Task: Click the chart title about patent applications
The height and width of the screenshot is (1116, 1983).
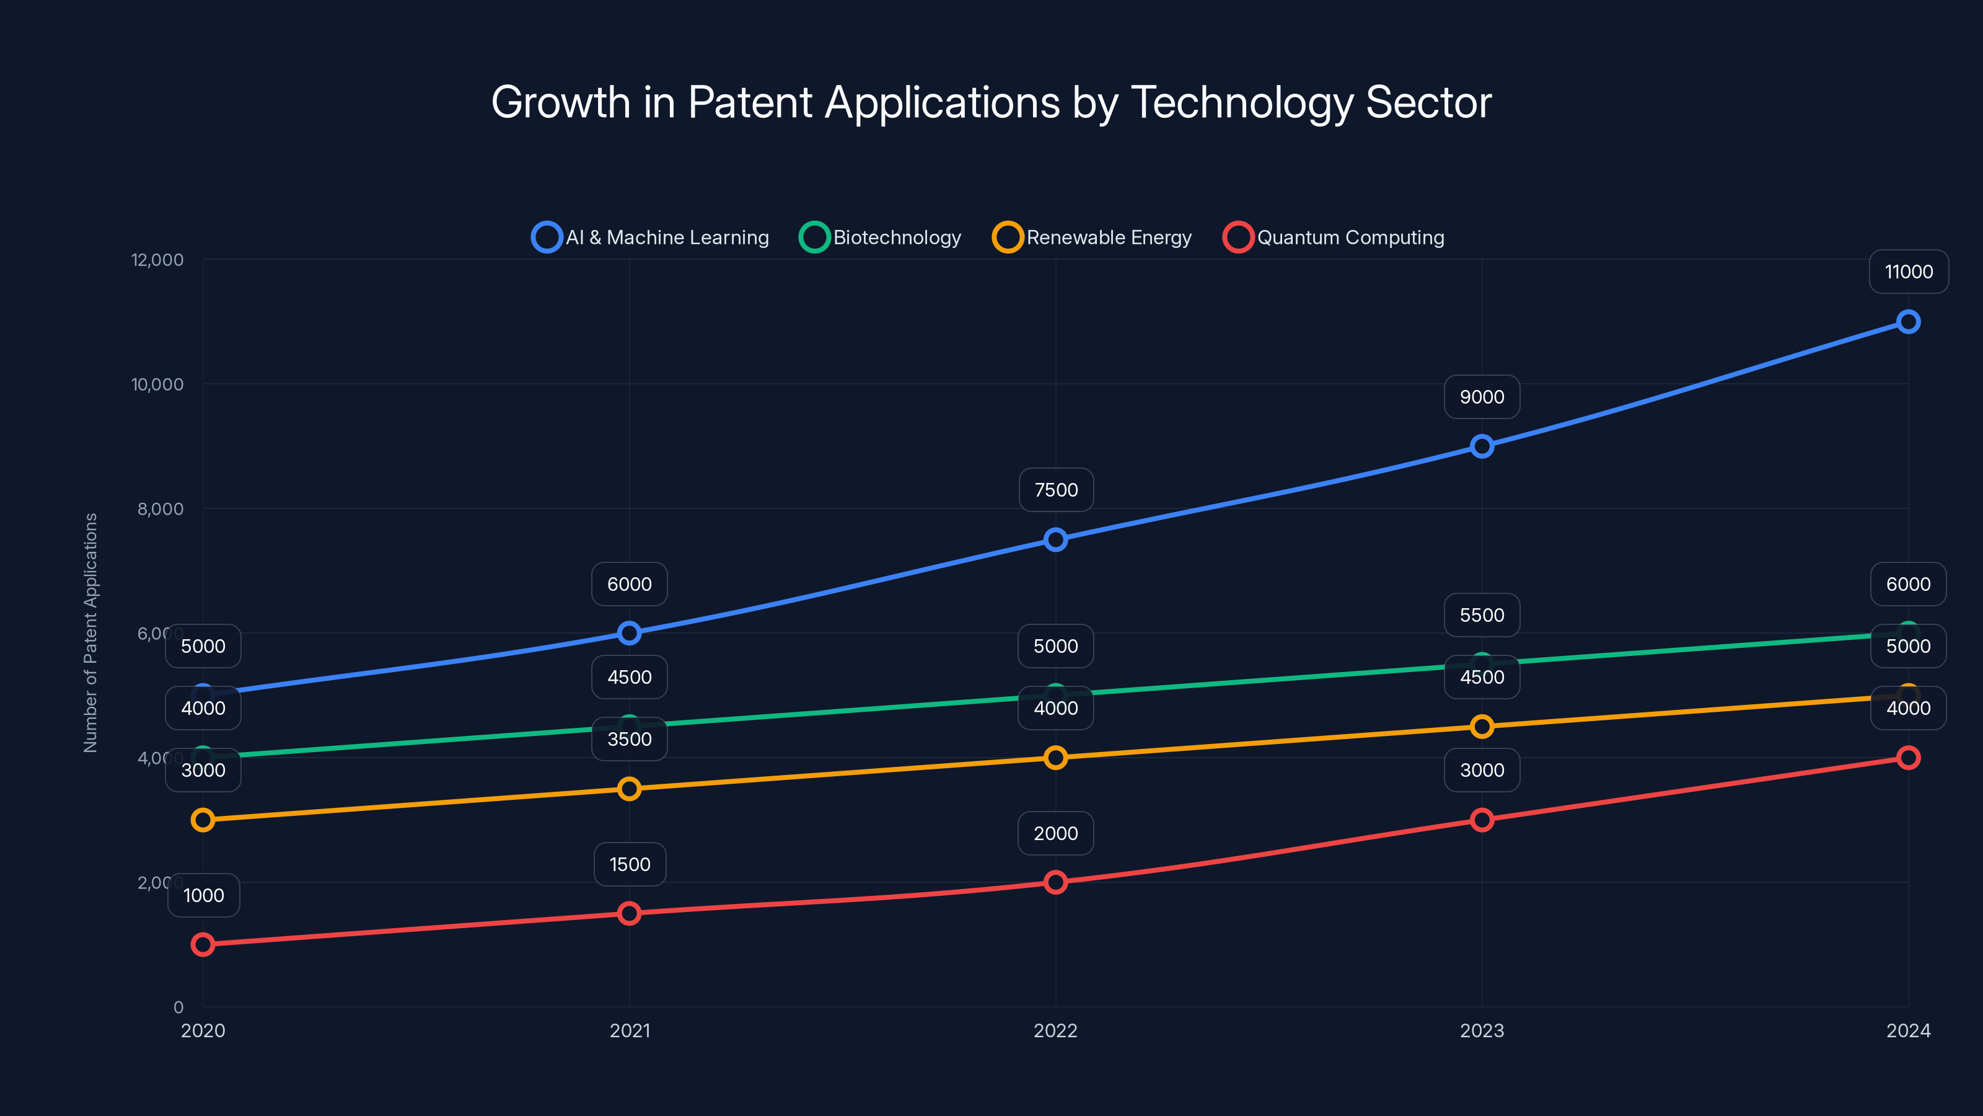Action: coord(991,102)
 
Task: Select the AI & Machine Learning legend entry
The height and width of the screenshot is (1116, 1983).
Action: coord(651,237)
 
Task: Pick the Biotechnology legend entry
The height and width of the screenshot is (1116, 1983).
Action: coord(881,237)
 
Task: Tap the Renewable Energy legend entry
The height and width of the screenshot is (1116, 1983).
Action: coord(1093,237)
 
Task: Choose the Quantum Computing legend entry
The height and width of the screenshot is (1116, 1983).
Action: coord(1334,237)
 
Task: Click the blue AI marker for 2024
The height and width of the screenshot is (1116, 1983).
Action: coord(1907,322)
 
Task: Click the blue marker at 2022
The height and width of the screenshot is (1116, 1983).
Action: coord(1055,540)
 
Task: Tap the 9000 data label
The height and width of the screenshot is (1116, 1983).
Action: coord(1482,397)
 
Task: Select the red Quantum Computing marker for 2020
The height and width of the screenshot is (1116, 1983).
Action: coord(203,944)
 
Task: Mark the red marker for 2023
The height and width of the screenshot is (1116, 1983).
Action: coord(1482,820)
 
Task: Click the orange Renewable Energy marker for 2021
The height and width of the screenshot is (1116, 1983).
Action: coord(630,789)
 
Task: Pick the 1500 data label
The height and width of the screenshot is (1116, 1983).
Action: coord(630,864)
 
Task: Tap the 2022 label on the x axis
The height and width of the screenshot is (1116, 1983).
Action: coord(1055,1030)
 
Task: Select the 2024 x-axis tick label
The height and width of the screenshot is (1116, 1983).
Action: coord(1907,1030)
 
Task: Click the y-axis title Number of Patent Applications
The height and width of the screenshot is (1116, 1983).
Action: coord(91,632)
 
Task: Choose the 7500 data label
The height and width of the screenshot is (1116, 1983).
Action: coord(1056,490)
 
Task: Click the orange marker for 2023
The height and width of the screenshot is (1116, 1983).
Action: coord(1482,726)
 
